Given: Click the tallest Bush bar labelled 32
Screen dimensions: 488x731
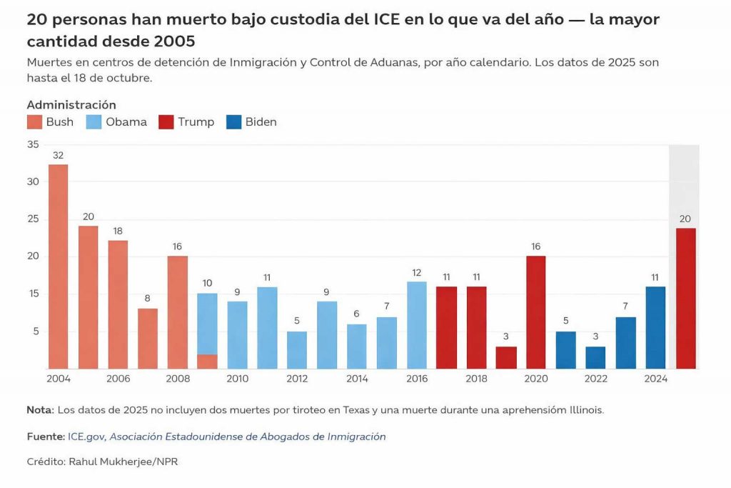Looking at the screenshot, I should point(59,267).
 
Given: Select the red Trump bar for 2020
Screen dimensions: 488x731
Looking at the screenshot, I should point(535,312).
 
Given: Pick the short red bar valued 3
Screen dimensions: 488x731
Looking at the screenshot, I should point(505,357).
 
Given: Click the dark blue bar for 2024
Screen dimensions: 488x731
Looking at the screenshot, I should point(655,327).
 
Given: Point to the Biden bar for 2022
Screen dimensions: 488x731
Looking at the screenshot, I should point(595,357).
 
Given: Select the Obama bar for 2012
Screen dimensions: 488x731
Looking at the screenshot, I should point(297,350).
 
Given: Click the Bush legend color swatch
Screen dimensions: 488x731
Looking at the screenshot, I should point(34,122).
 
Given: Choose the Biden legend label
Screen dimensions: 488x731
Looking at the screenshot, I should point(261,122).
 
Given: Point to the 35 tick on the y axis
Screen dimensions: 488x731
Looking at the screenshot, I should point(33,144).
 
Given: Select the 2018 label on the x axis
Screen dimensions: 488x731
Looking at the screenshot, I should point(477,379).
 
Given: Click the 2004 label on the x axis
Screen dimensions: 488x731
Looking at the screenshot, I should point(59,379).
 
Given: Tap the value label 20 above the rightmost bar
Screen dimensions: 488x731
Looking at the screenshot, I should point(685,219).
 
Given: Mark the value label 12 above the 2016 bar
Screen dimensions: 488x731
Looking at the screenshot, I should point(417,272).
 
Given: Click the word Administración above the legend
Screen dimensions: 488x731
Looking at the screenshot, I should point(71,105).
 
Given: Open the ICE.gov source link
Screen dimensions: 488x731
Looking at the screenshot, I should point(86,437).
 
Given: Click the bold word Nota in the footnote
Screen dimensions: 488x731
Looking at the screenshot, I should point(39,409).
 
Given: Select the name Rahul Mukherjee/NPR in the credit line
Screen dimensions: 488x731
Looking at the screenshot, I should point(123,462).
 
